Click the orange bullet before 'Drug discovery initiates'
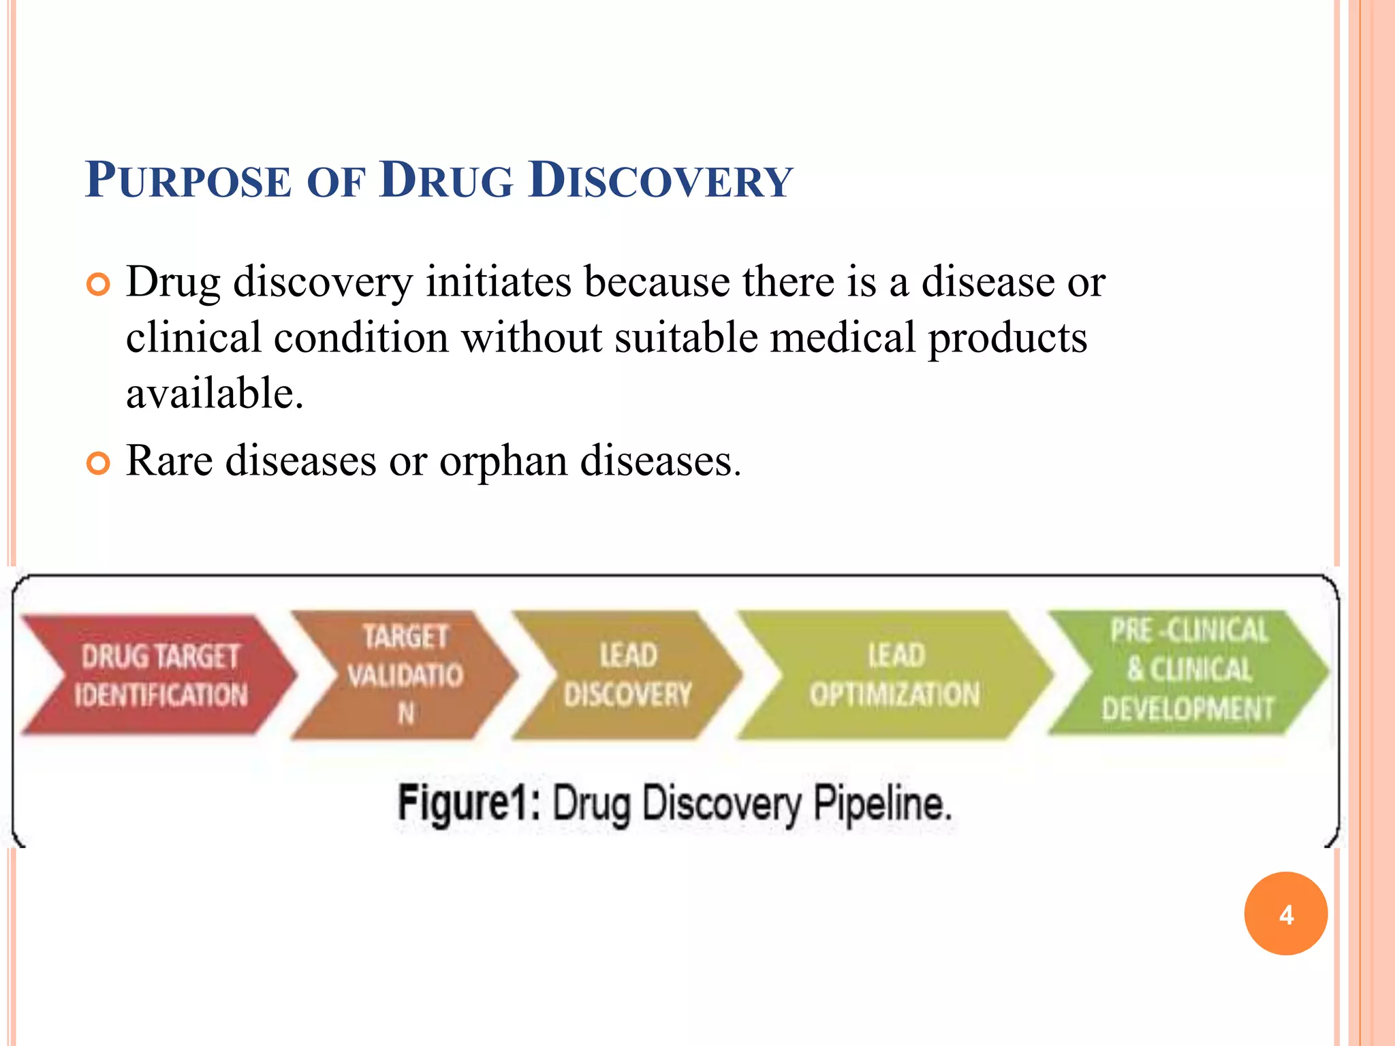(98, 285)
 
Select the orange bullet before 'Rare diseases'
(98, 464)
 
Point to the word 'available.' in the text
(215, 394)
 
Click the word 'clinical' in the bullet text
(193, 338)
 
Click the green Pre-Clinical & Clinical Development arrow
(1188, 671)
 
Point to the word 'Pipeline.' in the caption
(883, 804)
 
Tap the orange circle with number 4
(1285, 914)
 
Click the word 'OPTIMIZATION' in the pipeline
(894, 695)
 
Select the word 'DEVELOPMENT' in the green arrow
(1188, 709)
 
